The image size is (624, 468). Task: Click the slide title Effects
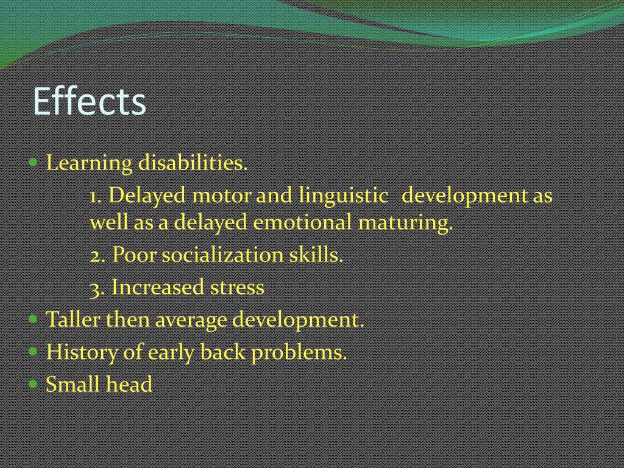(89, 101)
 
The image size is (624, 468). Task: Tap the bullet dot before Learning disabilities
(34, 163)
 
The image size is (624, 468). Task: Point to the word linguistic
(343, 196)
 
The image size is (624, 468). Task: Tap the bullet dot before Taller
(34, 319)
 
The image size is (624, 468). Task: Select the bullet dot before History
(34, 352)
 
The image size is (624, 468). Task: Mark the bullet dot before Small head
(34, 384)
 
